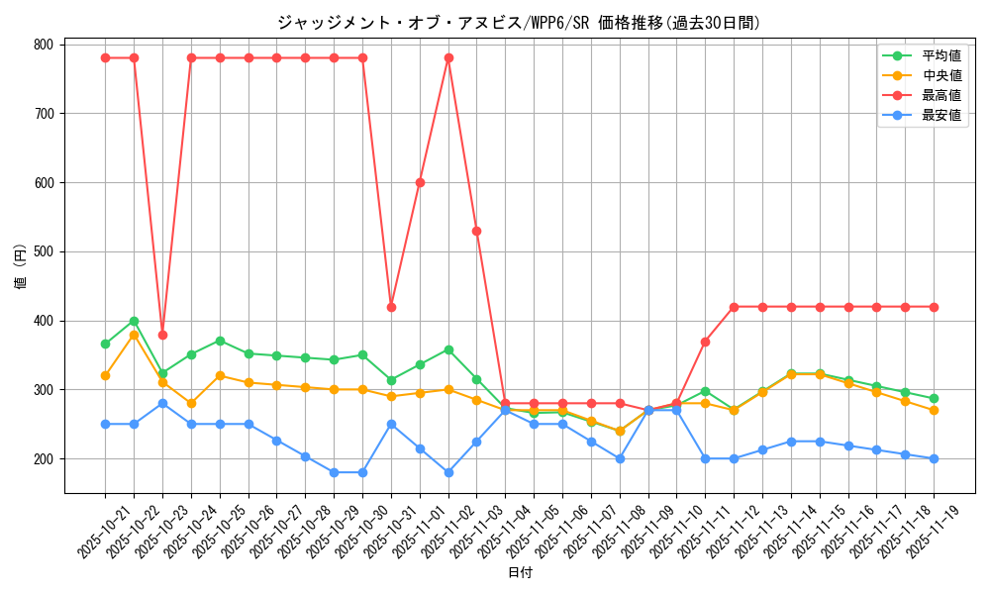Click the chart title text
tap(518, 23)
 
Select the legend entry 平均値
tap(941, 56)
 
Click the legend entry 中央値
tap(941, 76)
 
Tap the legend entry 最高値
tap(941, 95)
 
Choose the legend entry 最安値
tap(941, 115)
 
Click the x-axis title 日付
tap(520, 573)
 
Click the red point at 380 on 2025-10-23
tap(162, 335)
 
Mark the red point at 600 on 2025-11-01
tap(420, 182)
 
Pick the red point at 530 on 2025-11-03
tap(477, 231)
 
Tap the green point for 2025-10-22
tap(134, 321)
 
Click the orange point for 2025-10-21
tap(105, 375)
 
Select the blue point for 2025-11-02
tap(448, 472)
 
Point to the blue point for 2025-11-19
tap(934, 458)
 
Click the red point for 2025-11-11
tap(705, 342)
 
